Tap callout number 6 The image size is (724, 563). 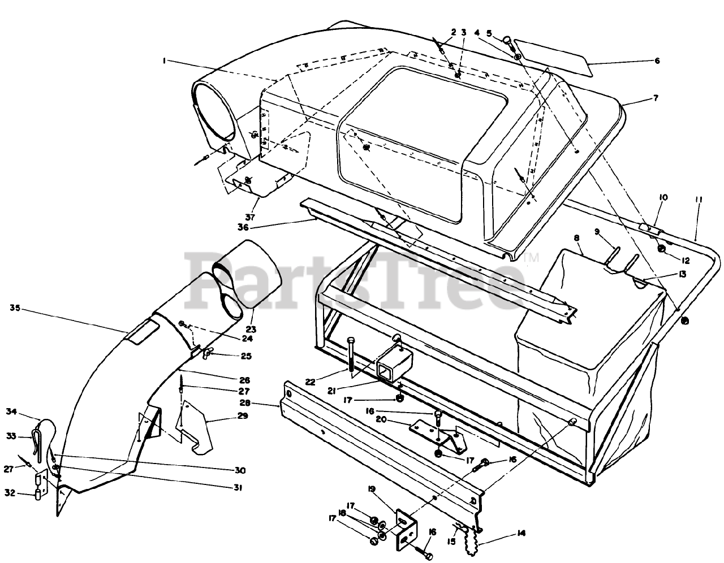(657, 60)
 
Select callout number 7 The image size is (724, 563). (656, 98)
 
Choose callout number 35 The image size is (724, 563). (15, 308)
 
